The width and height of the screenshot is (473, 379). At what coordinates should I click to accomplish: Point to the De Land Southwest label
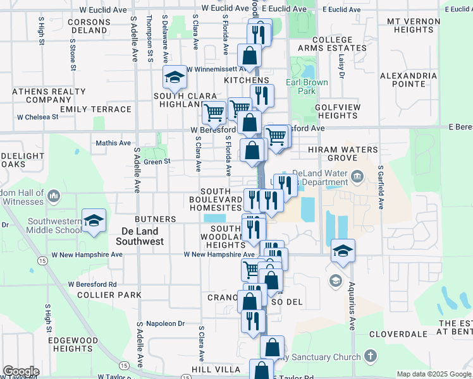[x=143, y=236]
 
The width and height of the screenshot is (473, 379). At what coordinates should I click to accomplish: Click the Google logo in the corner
[x=21, y=371]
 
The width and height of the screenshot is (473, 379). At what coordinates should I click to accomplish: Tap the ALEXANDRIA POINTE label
[x=408, y=80]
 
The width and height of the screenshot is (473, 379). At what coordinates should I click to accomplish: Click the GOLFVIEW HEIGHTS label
[x=338, y=112]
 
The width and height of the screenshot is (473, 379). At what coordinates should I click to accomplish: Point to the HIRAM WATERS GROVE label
[x=342, y=153]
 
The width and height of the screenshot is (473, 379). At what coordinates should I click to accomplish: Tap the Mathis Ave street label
[x=113, y=143]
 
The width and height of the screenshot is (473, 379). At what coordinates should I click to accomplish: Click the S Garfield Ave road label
[x=381, y=188]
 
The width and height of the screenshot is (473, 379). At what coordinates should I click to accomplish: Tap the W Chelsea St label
[x=37, y=117]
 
